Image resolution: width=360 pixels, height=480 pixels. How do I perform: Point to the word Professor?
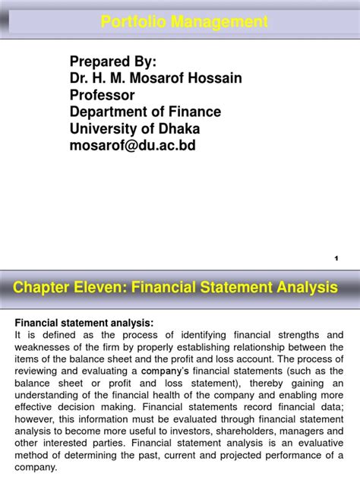(103, 95)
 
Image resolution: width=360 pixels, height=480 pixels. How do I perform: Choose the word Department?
(109, 112)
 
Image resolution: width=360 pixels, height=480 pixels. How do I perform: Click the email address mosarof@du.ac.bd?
(133, 145)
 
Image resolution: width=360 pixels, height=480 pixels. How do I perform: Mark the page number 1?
(336, 259)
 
